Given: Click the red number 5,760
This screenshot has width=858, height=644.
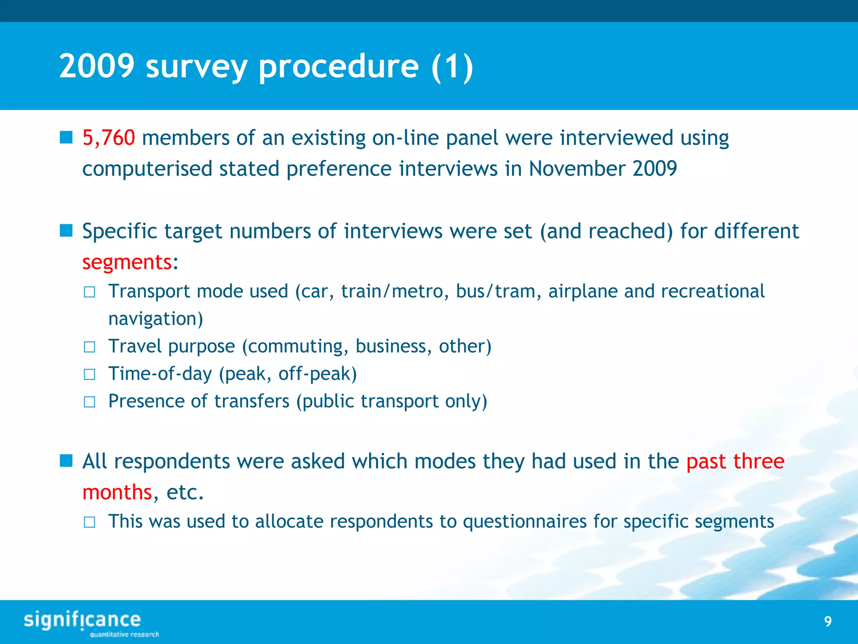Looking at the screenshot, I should coord(109,138).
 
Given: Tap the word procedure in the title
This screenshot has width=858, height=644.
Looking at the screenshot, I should coord(339,67).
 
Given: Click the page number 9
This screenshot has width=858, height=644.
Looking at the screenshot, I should coord(827,621).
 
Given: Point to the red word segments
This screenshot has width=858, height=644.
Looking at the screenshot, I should coord(127,262).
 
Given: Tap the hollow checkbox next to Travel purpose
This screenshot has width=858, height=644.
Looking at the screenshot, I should coord(89,347).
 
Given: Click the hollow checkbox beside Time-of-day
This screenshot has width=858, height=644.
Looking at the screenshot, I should coord(89,374).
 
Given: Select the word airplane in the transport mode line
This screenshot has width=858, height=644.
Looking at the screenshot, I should coord(583,291).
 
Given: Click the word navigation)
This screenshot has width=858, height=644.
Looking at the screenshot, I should coord(155,319).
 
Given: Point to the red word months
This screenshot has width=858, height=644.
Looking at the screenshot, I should coord(117,492).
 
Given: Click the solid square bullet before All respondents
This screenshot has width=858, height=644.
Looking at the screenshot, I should coord(66,461).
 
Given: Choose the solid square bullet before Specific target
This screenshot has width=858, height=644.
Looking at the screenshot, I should coord(66,231).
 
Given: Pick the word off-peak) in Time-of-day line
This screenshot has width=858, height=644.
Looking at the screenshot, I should coord(317,374).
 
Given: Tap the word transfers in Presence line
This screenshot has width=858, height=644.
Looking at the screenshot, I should coord(251,401).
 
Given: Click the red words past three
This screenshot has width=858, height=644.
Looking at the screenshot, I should coord(735,462).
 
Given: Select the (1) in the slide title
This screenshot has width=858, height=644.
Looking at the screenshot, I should coord(452,67).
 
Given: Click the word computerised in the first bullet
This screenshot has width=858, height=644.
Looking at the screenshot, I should coord(147,169).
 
